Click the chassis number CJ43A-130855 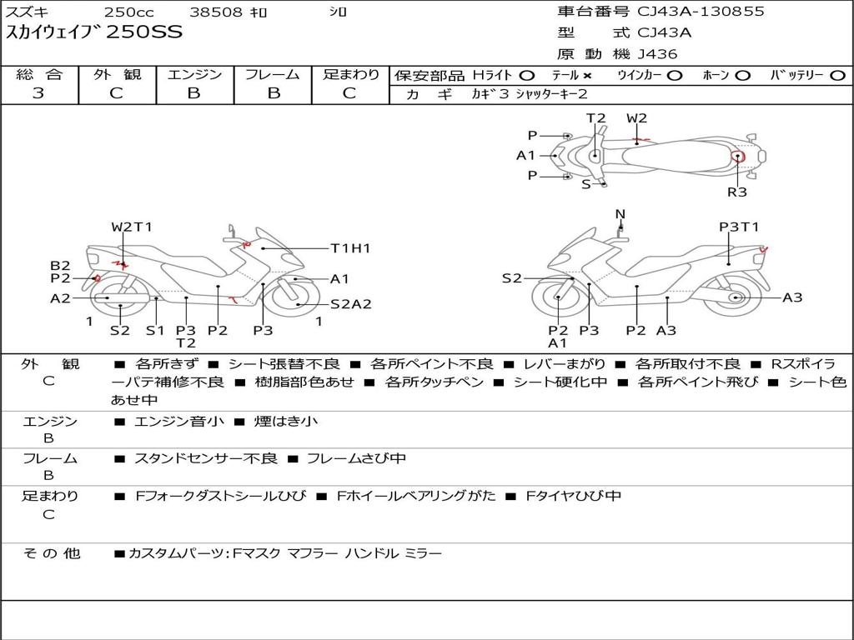701,12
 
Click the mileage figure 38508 216,12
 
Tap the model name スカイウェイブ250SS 94,33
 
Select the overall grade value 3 38,93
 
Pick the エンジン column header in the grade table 194,75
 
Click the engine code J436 658,54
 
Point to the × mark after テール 587,75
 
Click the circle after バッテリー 837,75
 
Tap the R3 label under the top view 737,192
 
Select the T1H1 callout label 350,248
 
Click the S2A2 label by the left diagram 350,304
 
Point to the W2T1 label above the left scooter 132,227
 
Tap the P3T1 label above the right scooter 739,227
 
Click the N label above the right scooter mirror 620,214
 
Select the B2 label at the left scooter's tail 60,266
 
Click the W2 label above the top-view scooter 636,118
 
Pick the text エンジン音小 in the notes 179,422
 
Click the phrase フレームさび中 356,458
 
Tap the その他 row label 51,553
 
